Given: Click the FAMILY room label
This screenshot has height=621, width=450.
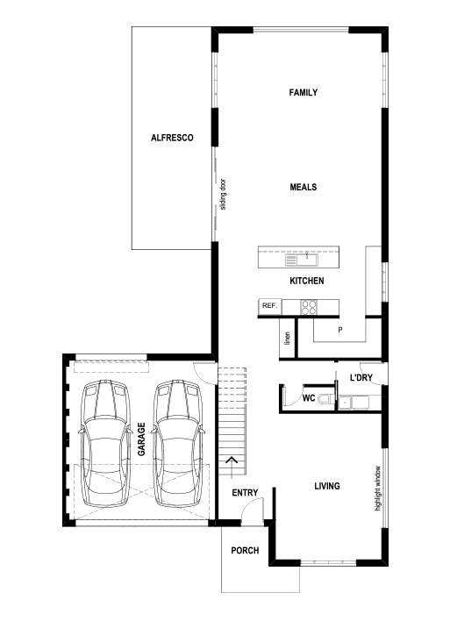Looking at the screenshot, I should coord(303,92).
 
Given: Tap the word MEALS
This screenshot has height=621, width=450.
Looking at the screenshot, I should coord(303,187).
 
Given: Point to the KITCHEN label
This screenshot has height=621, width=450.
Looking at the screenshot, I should coord(307,281).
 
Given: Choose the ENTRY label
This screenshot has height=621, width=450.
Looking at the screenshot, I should coord(244,493).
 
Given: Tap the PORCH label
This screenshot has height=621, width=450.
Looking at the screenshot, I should coord(244,552).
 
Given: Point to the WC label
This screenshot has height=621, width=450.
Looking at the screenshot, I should coord(308,397).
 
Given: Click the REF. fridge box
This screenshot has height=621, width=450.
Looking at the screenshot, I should coord(268,306).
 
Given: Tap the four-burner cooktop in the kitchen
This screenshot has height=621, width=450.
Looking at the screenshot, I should coord(309,306).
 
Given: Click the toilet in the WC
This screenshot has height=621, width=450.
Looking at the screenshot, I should coord(325,400).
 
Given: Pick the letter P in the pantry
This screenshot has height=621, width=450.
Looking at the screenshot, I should coord(339,331).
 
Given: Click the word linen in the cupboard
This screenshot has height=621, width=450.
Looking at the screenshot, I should coord(286,339).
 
